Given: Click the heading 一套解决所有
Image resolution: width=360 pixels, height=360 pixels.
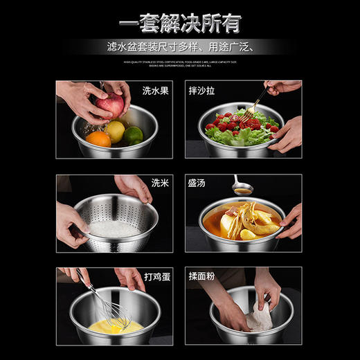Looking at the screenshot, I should [x=179, y=23].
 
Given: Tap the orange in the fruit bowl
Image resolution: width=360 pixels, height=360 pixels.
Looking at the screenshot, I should [x=98, y=138].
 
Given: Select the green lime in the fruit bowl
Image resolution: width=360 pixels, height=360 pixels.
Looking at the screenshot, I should [x=133, y=134].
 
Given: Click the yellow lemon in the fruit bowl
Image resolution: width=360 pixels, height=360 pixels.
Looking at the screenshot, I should [x=116, y=129].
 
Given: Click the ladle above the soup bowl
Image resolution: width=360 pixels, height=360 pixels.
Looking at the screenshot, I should [x=242, y=188].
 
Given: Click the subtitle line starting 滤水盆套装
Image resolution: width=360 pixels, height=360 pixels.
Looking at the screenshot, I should [x=180, y=48].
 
